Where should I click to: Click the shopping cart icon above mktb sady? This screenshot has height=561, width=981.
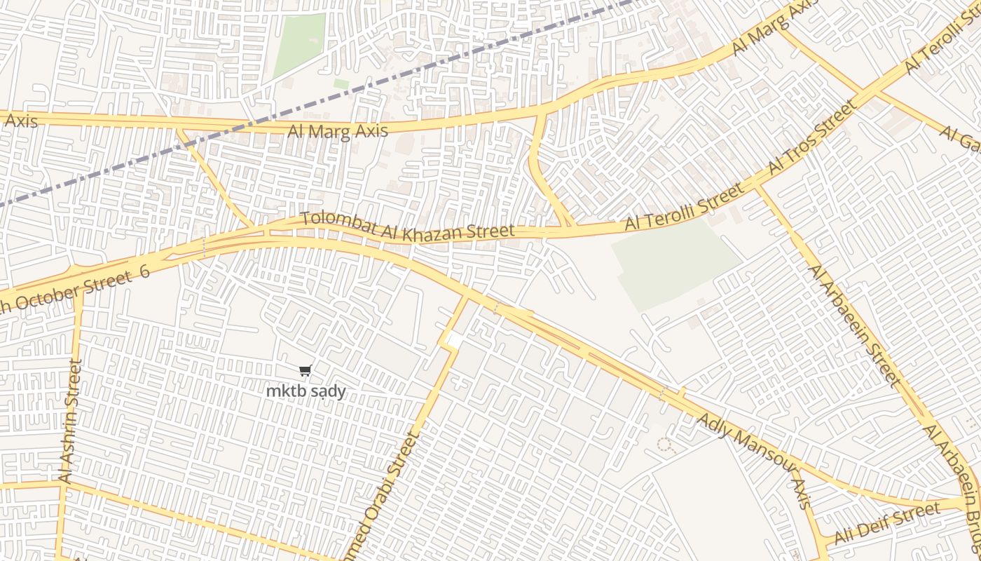pyautogui.click(x=305, y=371)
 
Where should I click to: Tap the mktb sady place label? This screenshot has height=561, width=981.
pyautogui.click(x=306, y=391)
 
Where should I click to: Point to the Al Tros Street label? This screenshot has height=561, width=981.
pyautogui.click(x=812, y=137)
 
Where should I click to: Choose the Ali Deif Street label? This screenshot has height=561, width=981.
pyautogui.click(x=886, y=524)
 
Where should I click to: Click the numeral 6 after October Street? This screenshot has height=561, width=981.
pyautogui.click(x=144, y=272)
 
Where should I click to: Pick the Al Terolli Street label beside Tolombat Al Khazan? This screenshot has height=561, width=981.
pyautogui.click(x=683, y=207)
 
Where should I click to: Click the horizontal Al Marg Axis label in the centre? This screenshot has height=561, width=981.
pyautogui.click(x=337, y=131)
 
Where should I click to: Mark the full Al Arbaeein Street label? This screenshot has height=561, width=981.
pyautogui.click(x=853, y=325)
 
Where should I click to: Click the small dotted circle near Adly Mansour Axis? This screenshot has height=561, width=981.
pyautogui.click(x=665, y=445)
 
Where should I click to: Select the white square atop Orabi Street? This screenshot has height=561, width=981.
pyautogui.click(x=453, y=340)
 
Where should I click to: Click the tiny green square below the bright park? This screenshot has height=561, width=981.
pyautogui.click(x=341, y=83)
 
